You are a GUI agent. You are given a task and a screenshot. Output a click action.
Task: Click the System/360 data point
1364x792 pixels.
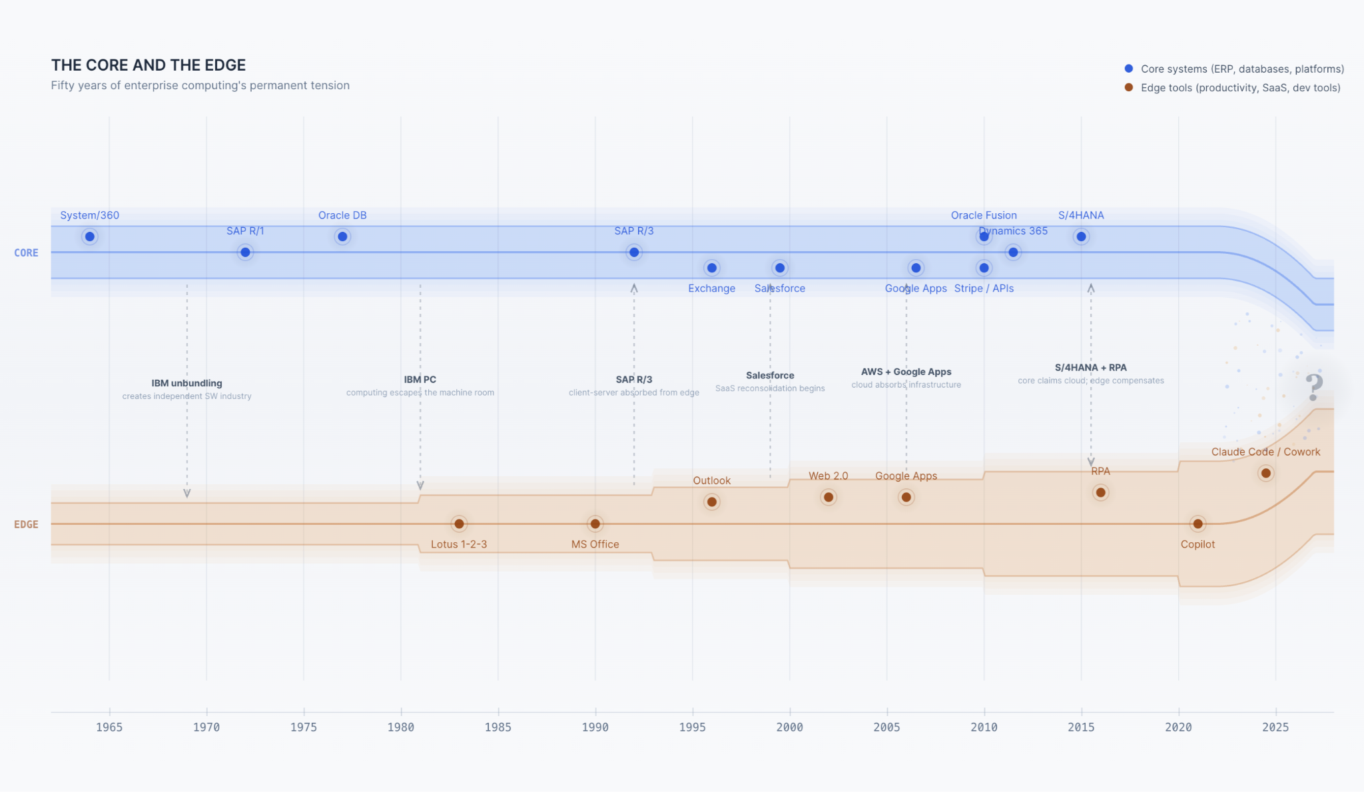(x=90, y=236)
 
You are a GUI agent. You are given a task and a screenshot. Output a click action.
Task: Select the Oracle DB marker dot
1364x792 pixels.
(x=342, y=236)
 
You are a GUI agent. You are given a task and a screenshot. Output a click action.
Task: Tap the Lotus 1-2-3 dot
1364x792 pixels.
(x=459, y=524)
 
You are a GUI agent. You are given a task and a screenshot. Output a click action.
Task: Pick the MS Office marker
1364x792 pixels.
(x=595, y=524)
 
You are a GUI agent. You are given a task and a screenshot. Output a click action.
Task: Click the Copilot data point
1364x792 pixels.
(x=1197, y=524)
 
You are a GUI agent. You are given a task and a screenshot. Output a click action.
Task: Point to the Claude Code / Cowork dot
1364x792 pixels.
(x=1265, y=473)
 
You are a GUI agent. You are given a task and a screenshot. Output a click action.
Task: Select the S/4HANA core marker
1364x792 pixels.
(x=1081, y=236)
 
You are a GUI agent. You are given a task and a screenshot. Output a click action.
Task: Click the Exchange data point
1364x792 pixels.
(x=712, y=268)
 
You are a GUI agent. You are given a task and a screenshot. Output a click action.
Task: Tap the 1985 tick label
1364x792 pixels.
(x=498, y=727)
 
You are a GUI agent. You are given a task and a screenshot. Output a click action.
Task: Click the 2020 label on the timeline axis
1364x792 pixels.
(x=1178, y=727)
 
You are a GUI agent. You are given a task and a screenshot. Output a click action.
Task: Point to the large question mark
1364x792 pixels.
(x=1313, y=387)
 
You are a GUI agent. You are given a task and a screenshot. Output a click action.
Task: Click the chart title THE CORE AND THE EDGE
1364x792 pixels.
(x=149, y=65)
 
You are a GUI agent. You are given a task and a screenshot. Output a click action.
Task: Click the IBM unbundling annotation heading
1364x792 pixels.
(x=186, y=383)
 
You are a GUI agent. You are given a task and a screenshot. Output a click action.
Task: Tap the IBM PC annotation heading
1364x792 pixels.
(x=420, y=380)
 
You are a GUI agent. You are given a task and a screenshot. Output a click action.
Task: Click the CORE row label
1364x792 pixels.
(x=26, y=253)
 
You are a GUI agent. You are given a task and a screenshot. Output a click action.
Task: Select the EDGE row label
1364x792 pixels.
(x=26, y=524)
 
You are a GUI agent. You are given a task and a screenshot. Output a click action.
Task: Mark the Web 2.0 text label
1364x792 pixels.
(x=828, y=476)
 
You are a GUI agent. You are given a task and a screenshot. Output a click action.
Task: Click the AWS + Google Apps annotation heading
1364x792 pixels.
(x=906, y=372)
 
